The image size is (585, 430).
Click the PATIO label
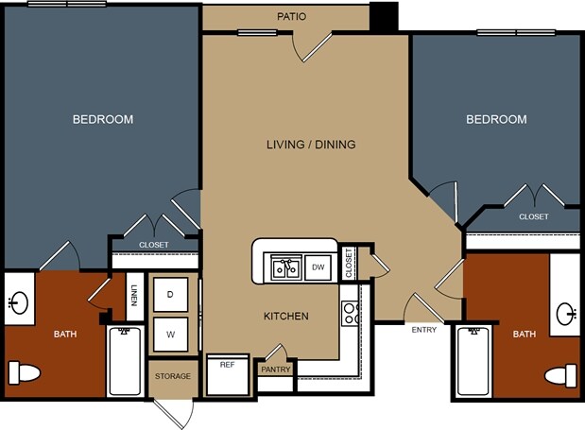291,16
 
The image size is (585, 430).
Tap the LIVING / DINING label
311,145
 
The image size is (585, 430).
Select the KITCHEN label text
286,317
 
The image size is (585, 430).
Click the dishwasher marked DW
318,267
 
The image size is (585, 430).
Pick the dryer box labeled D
170,295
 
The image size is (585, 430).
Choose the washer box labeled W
170,335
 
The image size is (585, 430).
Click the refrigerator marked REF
228,375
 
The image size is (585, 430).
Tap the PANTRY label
276,370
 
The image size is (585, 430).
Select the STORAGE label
173,376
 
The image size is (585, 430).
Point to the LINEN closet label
134,296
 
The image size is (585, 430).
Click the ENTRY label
424,330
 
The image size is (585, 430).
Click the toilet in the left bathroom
25,372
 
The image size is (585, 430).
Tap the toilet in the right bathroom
560,376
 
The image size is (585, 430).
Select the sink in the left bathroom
18,302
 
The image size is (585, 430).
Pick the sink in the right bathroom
566,314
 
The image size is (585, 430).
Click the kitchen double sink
286,267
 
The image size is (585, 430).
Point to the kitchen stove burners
350,313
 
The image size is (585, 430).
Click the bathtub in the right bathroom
473,361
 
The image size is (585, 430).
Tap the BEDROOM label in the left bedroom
103,119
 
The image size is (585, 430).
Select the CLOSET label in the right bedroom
534,216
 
